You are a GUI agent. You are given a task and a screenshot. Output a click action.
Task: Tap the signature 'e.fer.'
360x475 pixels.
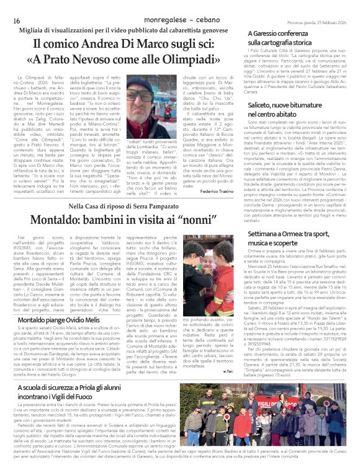235,388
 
